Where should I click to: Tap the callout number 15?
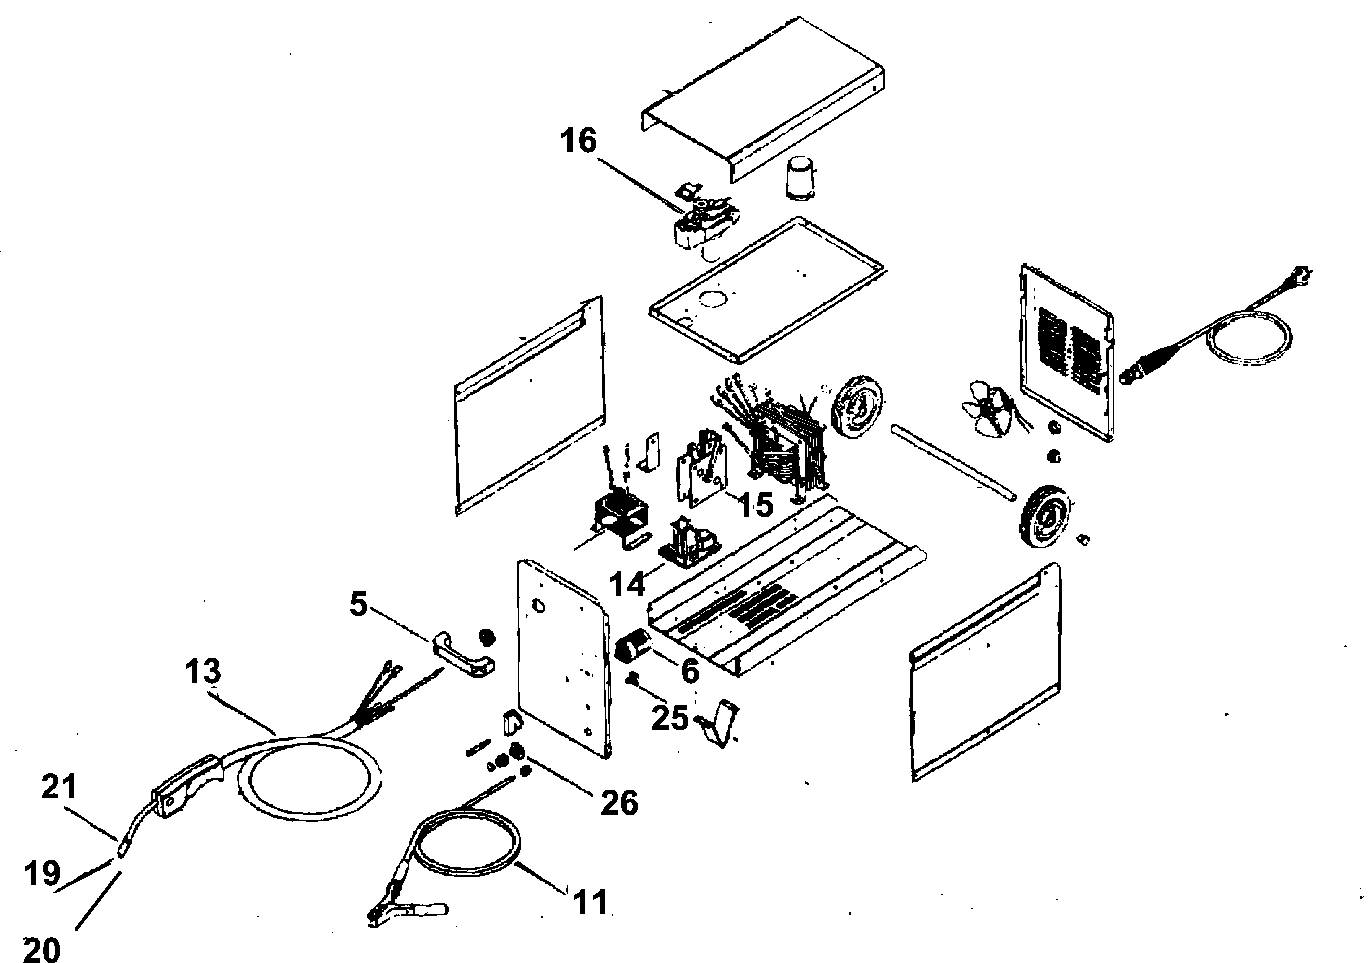coord(756,505)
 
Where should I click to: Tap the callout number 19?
coord(42,874)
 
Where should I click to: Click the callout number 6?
coord(690,671)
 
